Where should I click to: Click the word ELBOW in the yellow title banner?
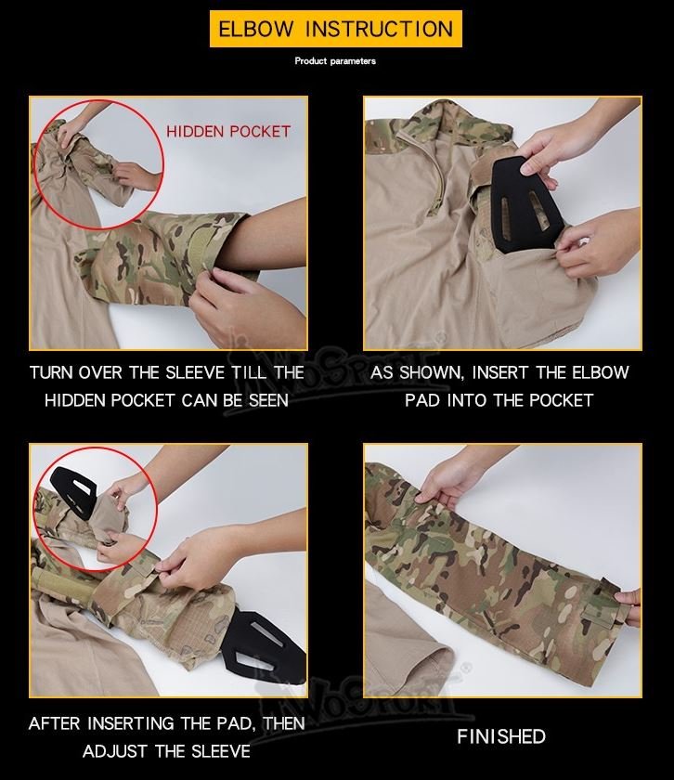pyautogui.click(x=256, y=29)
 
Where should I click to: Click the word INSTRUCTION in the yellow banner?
pyautogui.click(x=379, y=29)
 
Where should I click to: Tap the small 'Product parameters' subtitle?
pyautogui.click(x=335, y=61)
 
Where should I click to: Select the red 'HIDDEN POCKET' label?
pyautogui.click(x=228, y=131)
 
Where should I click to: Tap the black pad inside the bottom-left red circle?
pyautogui.click(x=72, y=491)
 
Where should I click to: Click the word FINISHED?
pyautogui.click(x=501, y=736)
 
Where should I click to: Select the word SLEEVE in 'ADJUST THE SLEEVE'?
pyautogui.click(x=221, y=751)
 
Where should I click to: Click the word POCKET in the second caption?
pyautogui.click(x=561, y=400)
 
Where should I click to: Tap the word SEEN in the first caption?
pyautogui.click(x=268, y=400)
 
